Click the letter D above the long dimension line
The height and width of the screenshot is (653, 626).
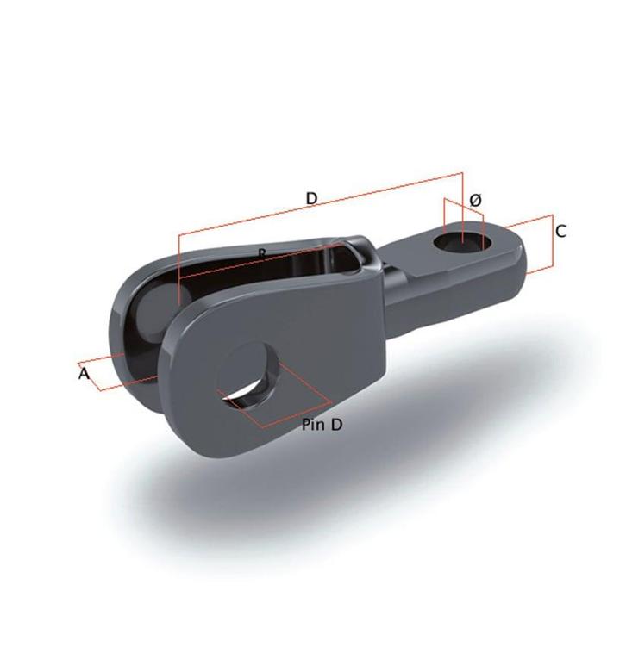coord(312,198)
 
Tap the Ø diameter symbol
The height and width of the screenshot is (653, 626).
coord(475,200)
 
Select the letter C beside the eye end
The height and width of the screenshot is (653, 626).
coord(560,231)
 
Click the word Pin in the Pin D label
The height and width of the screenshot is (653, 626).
coord(315,425)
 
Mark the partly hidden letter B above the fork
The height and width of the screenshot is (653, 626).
coord(262,252)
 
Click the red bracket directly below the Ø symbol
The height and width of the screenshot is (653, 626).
coord(463,208)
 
